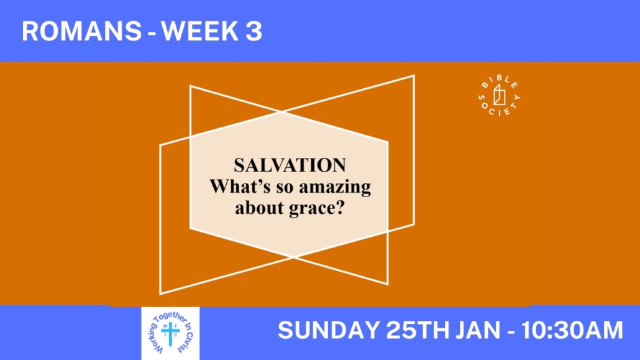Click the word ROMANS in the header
point(81,31)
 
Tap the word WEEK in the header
point(200,31)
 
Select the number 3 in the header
point(254,31)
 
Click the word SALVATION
point(290,165)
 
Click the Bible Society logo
point(499,96)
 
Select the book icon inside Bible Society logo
point(499,95)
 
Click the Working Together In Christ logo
point(171,333)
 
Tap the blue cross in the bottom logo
point(171,333)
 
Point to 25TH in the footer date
point(418,330)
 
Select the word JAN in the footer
point(478,330)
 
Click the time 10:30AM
point(572,330)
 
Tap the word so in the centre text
point(285,188)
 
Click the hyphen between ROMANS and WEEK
point(152,34)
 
